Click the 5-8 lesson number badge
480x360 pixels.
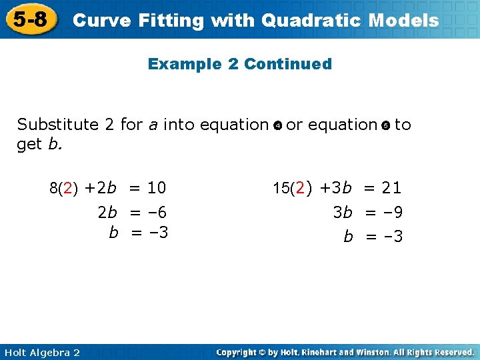click(x=30, y=19)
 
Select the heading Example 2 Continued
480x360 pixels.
click(x=239, y=64)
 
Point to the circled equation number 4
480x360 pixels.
click(x=277, y=125)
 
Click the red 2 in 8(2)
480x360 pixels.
click(x=68, y=188)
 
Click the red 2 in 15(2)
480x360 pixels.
click(x=301, y=188)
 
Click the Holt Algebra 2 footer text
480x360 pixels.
click(x=41, y=352)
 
